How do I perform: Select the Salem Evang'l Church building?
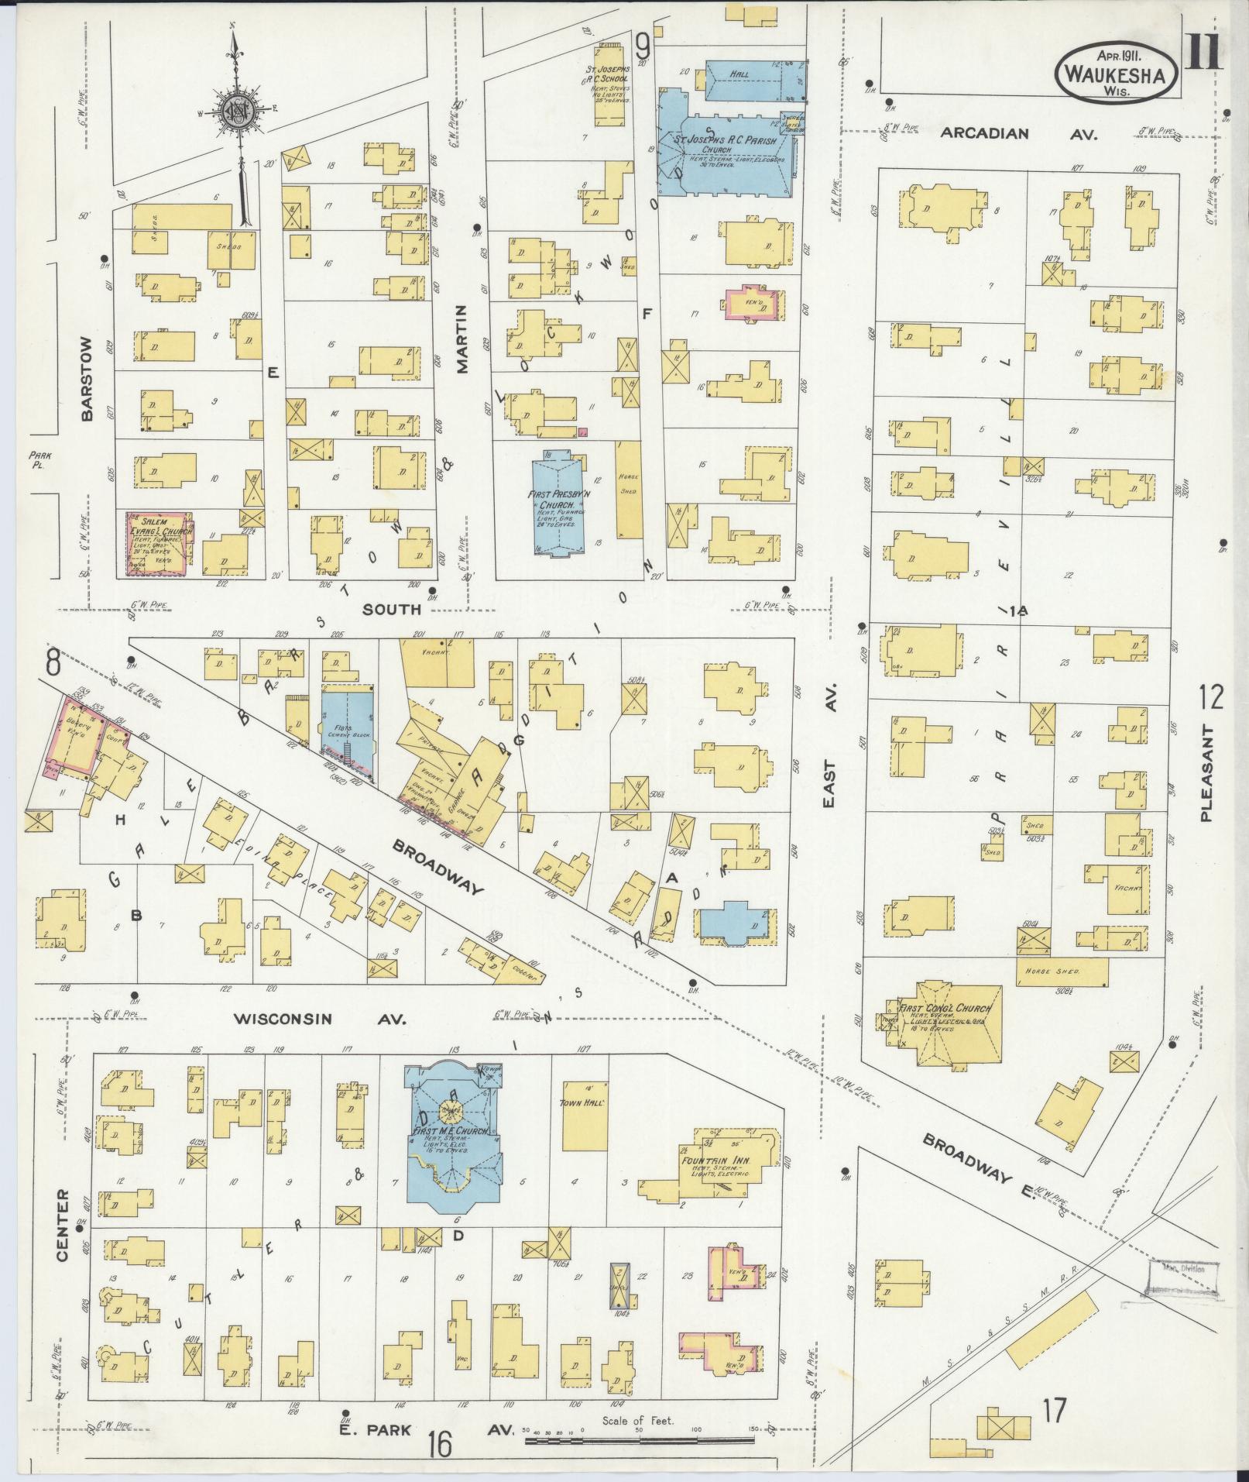pyautogui.click(x=157, y=542)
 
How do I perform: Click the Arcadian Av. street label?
pyautogui.click(x=1018, y=134)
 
